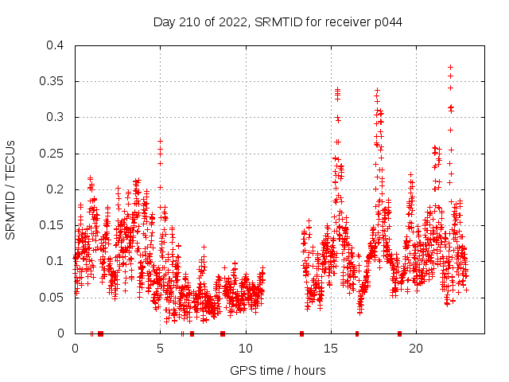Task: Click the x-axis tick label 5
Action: point(161,349)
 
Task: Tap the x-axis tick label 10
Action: point(246,349)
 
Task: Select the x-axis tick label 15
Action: point(331,349)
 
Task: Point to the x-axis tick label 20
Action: point(417,349)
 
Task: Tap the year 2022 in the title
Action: point(235,22)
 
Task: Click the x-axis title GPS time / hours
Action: point(278,370)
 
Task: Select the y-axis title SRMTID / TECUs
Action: point(11,189)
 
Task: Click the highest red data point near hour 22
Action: point(450,68)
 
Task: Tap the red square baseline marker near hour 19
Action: point(399,333)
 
